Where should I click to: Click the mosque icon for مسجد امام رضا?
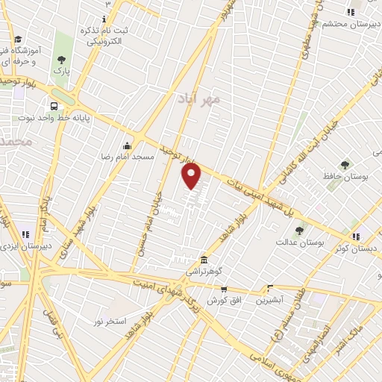pyautogui.click(x=128, y=145)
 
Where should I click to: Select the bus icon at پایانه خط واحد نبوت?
pyautogui.click(x=54, y=106)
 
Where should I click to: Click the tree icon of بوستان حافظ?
pyautogui.click(x=345, y=164)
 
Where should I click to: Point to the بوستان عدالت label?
pyautogui.click(x=297, y=242)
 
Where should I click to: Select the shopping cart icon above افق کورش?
pyautogui.click(x=223, y=288)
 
